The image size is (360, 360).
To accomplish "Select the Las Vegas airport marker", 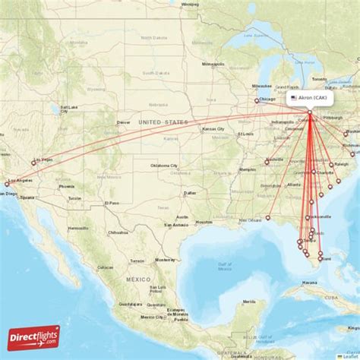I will click(x=33, y=161).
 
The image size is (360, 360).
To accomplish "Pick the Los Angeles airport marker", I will click(x=8, y=183).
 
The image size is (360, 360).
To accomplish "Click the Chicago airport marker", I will click(x=257, y=100).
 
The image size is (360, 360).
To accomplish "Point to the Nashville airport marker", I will click(x=267, y=162).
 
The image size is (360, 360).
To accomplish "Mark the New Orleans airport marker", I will click(x=267, y=218).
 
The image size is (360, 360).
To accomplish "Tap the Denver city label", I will click(x=123, y=122).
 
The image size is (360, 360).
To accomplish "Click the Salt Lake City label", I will click(x=69, y=108).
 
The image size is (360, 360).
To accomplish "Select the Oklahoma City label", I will click(x=163, y=166).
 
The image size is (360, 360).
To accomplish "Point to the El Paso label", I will click(x=112, y=203).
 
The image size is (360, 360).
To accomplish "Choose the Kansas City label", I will click(x=213, y=129).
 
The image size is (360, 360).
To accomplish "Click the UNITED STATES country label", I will click(x=163, y=122).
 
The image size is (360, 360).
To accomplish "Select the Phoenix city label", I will click(x=67, y=186).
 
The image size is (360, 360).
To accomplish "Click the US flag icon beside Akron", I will click(x=293, y=98).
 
